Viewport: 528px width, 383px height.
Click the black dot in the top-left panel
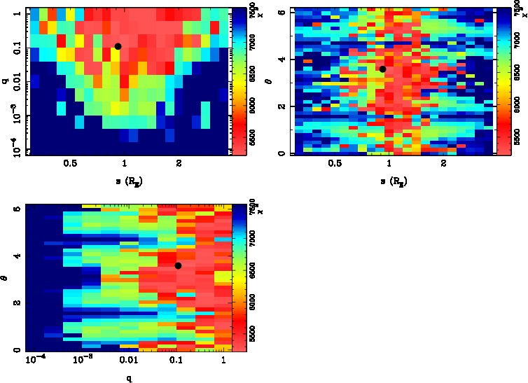[118, 46]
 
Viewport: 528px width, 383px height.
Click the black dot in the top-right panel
[382, 69]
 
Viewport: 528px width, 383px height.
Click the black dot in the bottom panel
[178, 265]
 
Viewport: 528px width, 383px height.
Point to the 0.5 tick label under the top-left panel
[70, 164]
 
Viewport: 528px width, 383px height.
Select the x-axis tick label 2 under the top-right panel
[444, 164]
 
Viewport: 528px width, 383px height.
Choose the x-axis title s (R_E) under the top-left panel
[124, 180]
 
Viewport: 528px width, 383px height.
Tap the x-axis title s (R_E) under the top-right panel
[389, 180]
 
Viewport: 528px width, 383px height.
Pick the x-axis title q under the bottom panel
[130, 379]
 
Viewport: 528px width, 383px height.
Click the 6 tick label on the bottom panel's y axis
[16, 209]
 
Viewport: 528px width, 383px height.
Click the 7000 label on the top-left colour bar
[239, 45]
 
